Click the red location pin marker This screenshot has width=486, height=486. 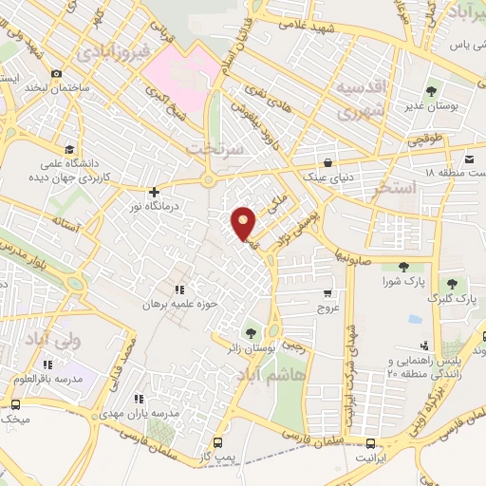click(x=245, y=223)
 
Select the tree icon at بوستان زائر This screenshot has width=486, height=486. click(x=251, y=333)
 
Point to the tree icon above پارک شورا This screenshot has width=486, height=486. click(x=402, y=267)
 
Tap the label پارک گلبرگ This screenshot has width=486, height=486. click(x=452, y=299)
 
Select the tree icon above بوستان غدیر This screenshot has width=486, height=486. click(x=432, y=92)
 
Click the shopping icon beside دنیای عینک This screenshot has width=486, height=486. click(x=327, y=161)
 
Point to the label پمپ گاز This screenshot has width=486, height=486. click(x=219, y=458)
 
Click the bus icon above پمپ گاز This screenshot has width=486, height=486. click(x=219, y=442)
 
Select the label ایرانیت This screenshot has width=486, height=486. click(x=371, y=458)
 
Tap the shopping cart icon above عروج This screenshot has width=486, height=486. click(x=327, y=292)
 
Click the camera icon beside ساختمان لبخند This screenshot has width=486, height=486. click(x=57, y=74)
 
